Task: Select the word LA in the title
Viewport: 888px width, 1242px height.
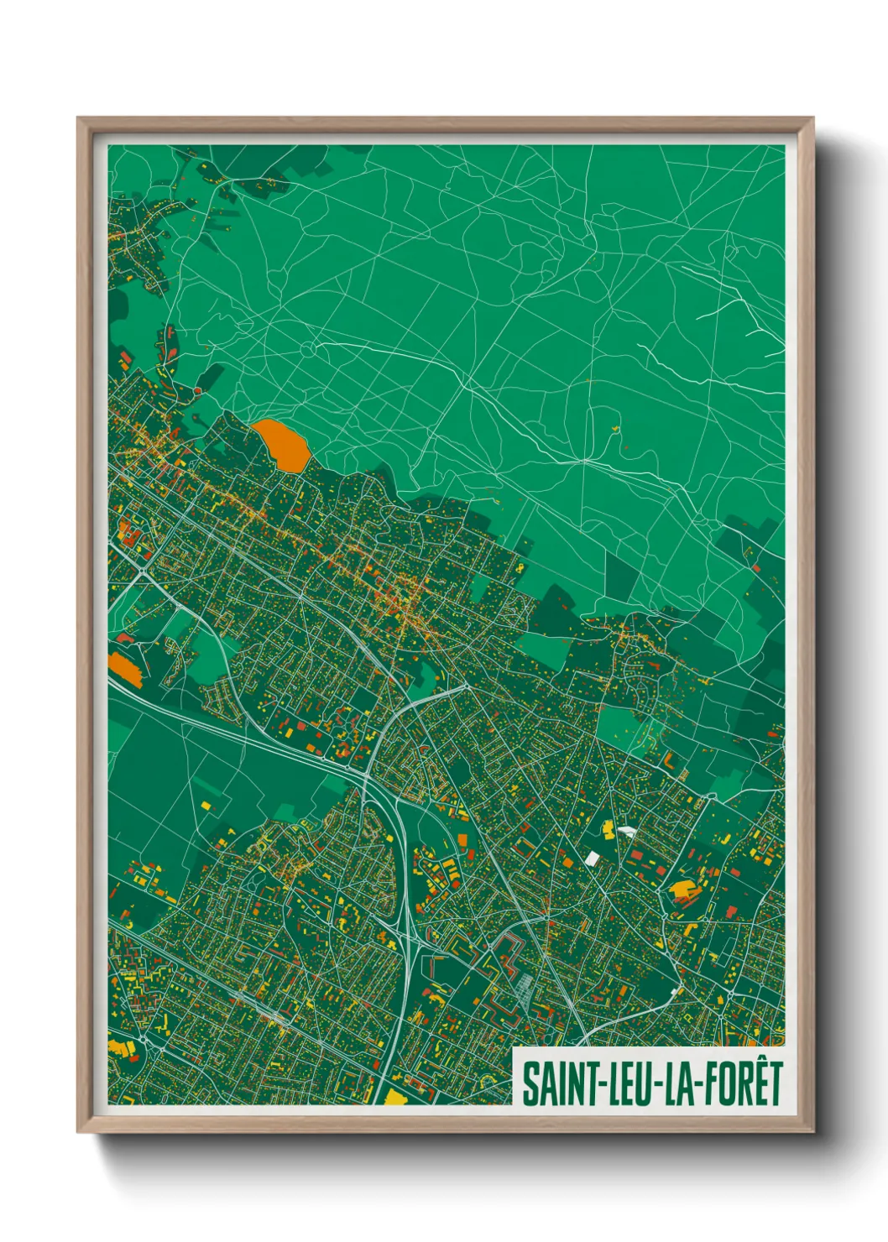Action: tap(678, 1083)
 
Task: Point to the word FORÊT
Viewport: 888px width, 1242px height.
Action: tap(741, 1083)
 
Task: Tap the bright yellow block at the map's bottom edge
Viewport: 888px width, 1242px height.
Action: tap(394, 1097)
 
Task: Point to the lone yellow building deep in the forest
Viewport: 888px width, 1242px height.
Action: tap(616, 430)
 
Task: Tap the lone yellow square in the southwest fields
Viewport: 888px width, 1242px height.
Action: tap(206, 806)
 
